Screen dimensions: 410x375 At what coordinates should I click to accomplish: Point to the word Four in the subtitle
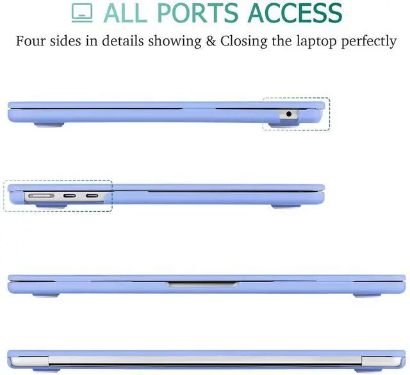point(30,42)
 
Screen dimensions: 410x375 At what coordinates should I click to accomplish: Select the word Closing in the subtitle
point(246,42)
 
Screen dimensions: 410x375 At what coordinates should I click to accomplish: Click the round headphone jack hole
point(288,114)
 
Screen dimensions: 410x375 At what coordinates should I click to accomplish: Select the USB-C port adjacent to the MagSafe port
point(69,195)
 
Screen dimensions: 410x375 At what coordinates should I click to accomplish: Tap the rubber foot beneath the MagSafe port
point(44,205)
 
